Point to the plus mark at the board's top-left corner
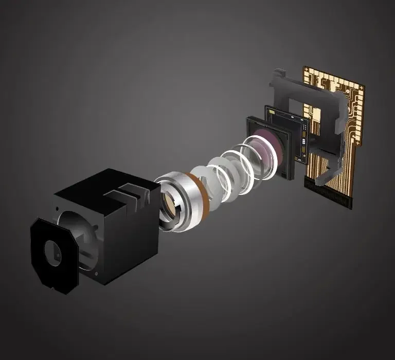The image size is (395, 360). point(307,68)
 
